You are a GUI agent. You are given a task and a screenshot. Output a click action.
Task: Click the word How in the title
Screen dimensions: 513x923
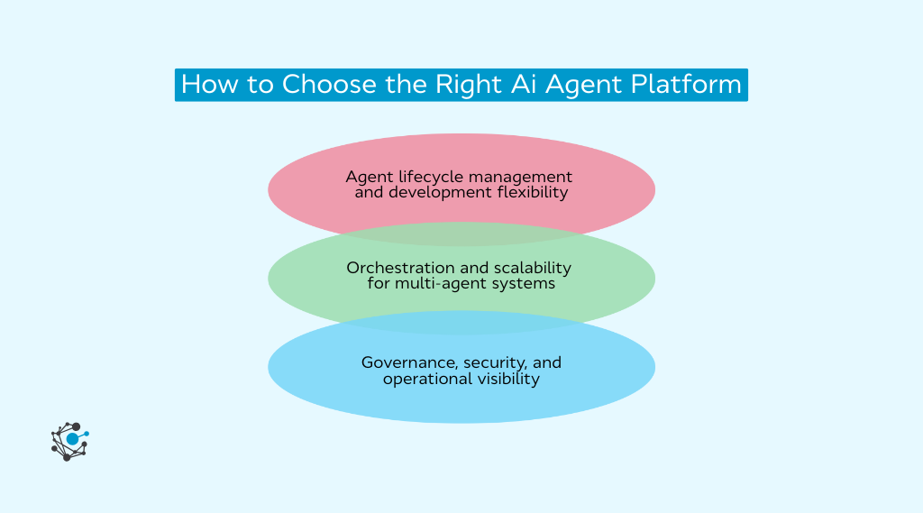[x=207, y=85]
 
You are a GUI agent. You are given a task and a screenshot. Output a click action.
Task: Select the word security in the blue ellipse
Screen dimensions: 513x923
[x=496, y=362]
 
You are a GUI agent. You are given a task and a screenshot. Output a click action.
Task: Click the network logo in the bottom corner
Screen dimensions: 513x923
[x=70, y=441]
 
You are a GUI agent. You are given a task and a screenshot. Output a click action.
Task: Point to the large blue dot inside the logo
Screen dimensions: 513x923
[x=72, y=439]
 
